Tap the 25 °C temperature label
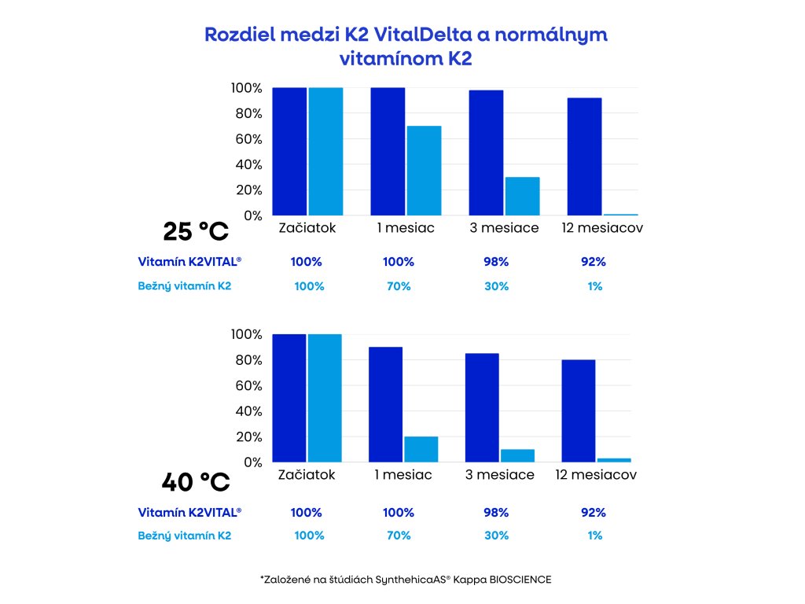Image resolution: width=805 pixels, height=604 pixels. coord(195,232)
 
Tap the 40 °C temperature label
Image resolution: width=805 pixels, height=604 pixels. coord(195,480)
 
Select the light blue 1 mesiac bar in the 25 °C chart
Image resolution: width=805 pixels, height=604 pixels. coord(424,171)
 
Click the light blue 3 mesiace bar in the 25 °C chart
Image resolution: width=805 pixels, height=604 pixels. coord(522,196)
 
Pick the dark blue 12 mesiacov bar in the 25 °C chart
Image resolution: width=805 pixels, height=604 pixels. coord(584,157)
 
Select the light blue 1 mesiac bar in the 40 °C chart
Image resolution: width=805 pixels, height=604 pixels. coord(421,449)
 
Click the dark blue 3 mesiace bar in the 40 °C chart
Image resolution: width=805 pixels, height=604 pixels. coord(483,407)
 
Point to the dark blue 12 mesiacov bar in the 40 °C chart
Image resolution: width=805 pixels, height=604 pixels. coord(579,411)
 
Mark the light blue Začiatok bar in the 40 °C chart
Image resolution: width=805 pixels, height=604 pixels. coord(325,398)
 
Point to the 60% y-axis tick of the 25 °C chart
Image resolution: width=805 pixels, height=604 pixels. coord(246,139)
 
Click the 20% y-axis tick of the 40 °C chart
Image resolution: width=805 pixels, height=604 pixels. coord(246,437)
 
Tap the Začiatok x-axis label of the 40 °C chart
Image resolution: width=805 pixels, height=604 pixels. coord(307,475)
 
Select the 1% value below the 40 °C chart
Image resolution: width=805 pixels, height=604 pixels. coord(594,536)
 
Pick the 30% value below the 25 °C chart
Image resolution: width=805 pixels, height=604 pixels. coord(497,286)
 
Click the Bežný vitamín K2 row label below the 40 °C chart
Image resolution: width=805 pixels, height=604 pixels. coord(185,536)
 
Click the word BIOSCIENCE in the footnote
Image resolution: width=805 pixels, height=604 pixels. coord(516,580)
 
